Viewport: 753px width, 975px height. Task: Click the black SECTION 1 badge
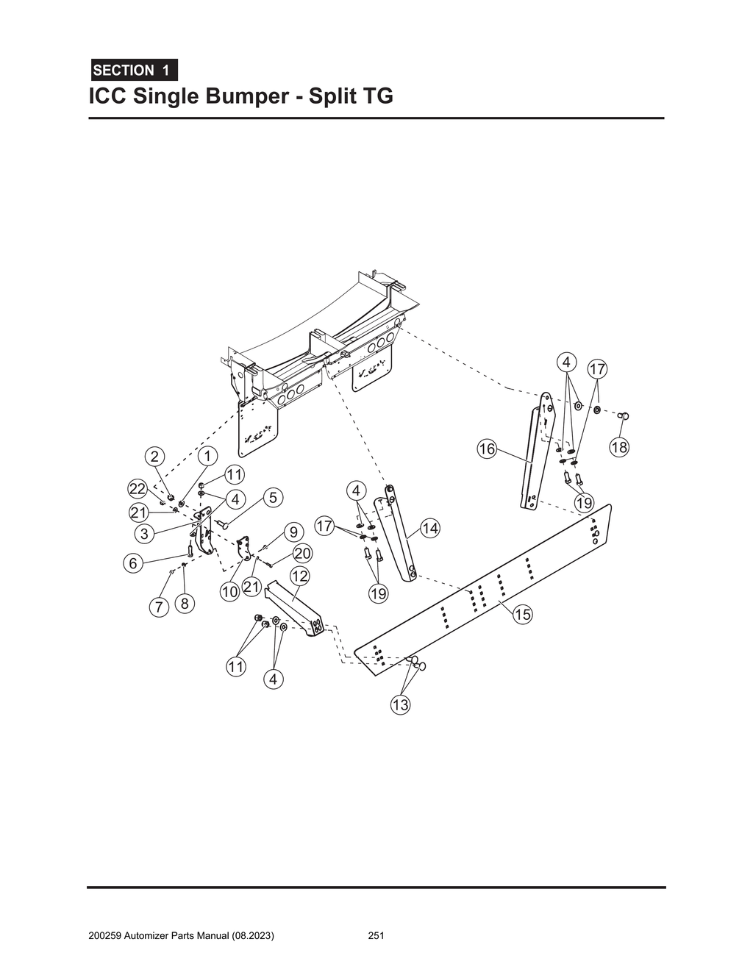[133, 71]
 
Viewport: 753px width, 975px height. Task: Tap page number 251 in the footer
[376, 936]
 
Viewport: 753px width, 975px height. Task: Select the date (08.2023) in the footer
[253, 936]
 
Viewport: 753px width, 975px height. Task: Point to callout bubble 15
[522, 615]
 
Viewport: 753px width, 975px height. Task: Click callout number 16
[487, 449]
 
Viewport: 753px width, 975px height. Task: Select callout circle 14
[430, 528]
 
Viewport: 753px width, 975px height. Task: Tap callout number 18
[619, 447]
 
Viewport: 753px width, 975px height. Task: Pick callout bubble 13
[400, 705]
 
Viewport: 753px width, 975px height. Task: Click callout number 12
[299, 576]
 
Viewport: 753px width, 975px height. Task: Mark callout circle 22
[138, 489]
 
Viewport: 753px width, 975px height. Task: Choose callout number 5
[273, 498]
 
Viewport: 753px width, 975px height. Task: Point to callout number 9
[293, 531]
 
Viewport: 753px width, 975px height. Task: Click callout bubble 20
[302, 553]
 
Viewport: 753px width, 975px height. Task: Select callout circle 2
[154, 456]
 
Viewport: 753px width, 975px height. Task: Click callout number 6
[132, 563]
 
